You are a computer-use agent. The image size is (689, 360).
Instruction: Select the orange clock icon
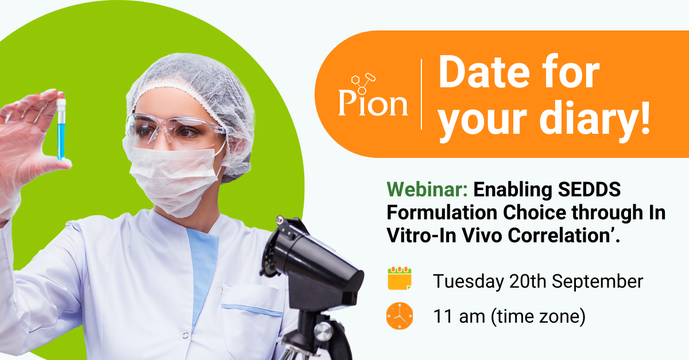point(399,316)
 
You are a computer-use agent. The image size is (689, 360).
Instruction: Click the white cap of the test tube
point(61,104)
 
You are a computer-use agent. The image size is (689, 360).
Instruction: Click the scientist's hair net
point(189,86)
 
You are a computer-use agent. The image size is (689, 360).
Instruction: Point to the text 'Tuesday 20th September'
point(538,281)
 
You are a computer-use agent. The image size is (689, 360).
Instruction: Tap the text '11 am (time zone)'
point(509,316)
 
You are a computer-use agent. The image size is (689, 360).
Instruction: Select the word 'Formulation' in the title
point(441,212)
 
